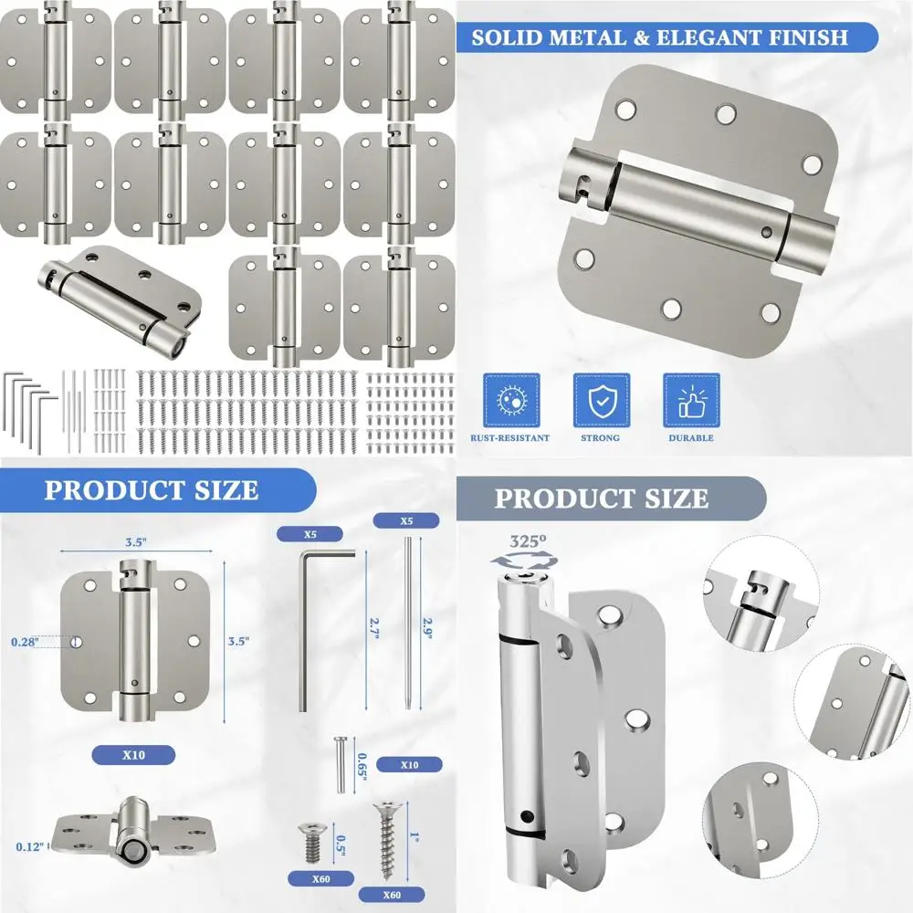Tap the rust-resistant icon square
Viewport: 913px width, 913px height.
(510, 400)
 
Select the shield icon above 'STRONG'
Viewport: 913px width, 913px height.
(601, 400)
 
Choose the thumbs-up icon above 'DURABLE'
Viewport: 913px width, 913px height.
(691, 400)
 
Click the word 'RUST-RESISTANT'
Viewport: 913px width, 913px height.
(510, 438)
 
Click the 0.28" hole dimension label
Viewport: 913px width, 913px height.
(25, 642)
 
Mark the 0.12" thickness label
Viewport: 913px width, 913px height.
(28, 846)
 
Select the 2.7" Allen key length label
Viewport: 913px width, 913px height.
(373, 629)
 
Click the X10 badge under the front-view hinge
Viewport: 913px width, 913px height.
(134, 754)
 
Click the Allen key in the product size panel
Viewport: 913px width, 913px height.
(310, 621)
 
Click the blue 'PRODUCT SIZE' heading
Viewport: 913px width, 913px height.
(152, 489)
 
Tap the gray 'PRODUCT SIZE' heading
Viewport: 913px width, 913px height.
(601, 498)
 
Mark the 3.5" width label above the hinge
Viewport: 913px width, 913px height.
(135, 540)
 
